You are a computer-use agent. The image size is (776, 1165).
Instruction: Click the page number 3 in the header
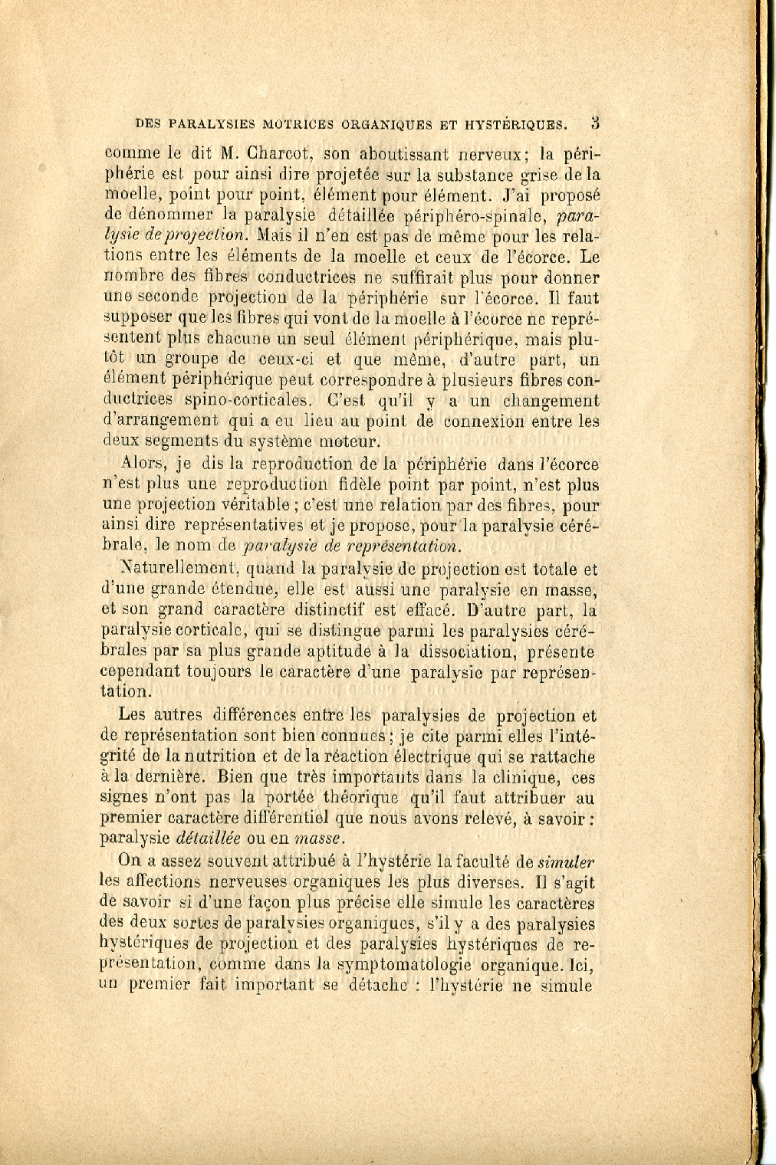[594, 122]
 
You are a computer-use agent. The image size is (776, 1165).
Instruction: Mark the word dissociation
[459, 652]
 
